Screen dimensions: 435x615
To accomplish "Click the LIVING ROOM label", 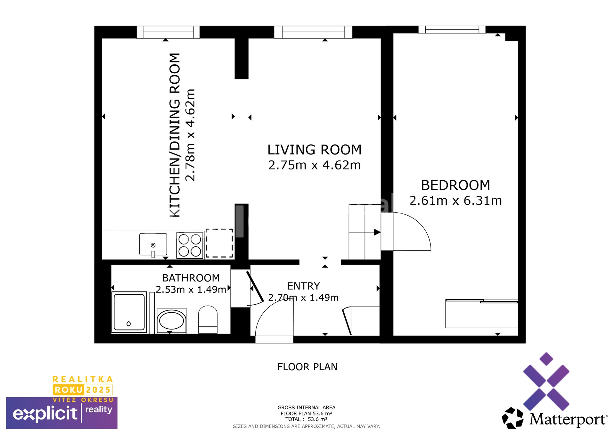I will click(x=314, y=150).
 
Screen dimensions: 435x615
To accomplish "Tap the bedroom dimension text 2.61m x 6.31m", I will click(x=455, y=201).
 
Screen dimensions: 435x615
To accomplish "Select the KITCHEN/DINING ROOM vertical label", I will click(x=175, y=135).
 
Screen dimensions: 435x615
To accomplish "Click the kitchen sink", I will click(x=153, y=244).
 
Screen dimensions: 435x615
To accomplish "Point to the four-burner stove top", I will click(x=190, y=245).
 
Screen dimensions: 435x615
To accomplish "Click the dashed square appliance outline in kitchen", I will click(x=219, y=243).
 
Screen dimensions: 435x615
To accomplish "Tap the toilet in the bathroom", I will click(x=208, y=319).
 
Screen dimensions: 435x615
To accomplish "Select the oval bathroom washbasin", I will click(x=172, y=321).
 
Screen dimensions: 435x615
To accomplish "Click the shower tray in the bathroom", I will click(x=129, y=312).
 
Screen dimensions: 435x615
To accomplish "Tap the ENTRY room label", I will click(x=303, y=286).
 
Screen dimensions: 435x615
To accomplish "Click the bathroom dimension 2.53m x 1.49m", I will click(x=191, y=290).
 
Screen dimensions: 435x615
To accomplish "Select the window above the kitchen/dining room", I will click(x=168, y=32).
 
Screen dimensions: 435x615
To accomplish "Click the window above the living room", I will click(x=313, y=32).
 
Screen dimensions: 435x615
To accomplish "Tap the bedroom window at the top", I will click(x=452, y=29).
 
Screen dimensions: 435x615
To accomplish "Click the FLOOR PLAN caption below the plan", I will click(x=307, y=367).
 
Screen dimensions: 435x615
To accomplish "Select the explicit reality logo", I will click(x=61, y=413).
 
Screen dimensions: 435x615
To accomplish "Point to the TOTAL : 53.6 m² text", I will click(x=306, y=419).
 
